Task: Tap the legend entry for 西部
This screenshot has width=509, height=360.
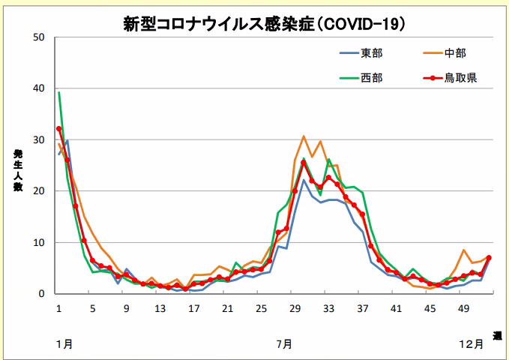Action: click(x=372, y=77)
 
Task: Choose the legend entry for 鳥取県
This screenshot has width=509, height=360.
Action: click(x=458, y=77)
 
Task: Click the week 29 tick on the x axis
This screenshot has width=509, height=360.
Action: click(x=295, y=308)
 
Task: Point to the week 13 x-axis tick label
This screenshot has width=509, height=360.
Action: click(x=160, y=308)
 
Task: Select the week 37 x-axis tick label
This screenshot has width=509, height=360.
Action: click(x=363, y=308)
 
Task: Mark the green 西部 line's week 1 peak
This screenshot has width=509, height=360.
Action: click(x=59, y=93)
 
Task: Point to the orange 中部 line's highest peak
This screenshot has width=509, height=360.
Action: click(x=304, y=136)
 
